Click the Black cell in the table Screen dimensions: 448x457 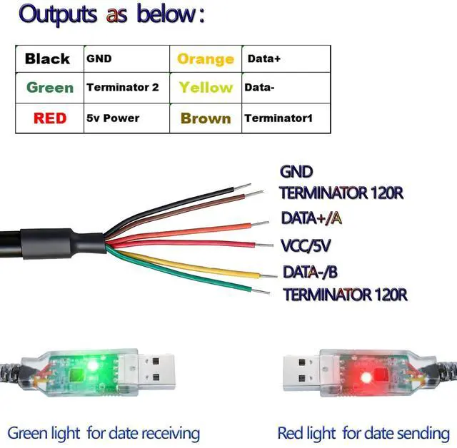(x=47, y=58)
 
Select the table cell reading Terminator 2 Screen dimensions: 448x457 (x=122, y=88)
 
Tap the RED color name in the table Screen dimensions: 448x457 (x=49, y=118)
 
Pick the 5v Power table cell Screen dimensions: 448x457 (x=113, y=118)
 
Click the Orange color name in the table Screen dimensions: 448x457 (x=205, y=59)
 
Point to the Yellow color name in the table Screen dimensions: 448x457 (x=206, y=88)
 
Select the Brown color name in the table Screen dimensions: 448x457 (x=206, y=118)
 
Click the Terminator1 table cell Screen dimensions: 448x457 (x=278, y=118)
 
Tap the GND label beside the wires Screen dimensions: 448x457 (x=296, y=172)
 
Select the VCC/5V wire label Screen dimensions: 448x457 (x=306, y=246)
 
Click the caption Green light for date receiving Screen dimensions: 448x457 (x=104, y=432)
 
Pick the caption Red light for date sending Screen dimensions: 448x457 (x=363, y=432)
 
